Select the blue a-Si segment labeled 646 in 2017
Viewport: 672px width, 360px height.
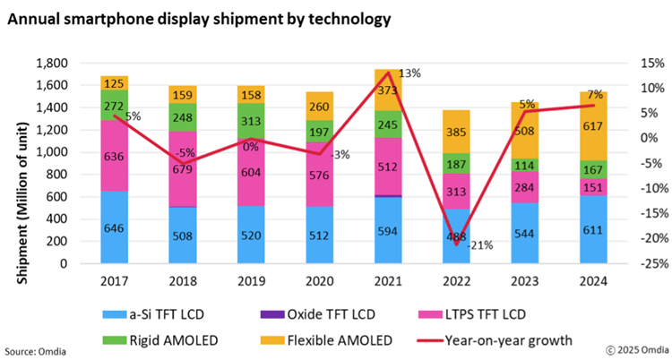point(114,227)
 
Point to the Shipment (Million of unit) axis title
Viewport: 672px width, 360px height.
point(20,166)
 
